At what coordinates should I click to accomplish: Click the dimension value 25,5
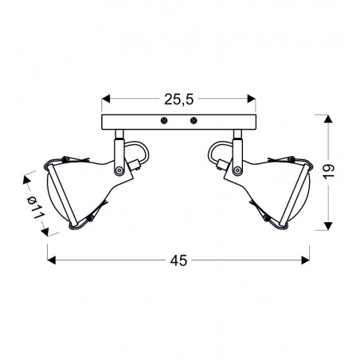click(178, 100)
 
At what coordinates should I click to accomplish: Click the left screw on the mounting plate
click(163, 122)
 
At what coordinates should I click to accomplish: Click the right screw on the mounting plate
click(194, 122)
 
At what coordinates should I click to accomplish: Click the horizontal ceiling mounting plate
click(178, 122)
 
